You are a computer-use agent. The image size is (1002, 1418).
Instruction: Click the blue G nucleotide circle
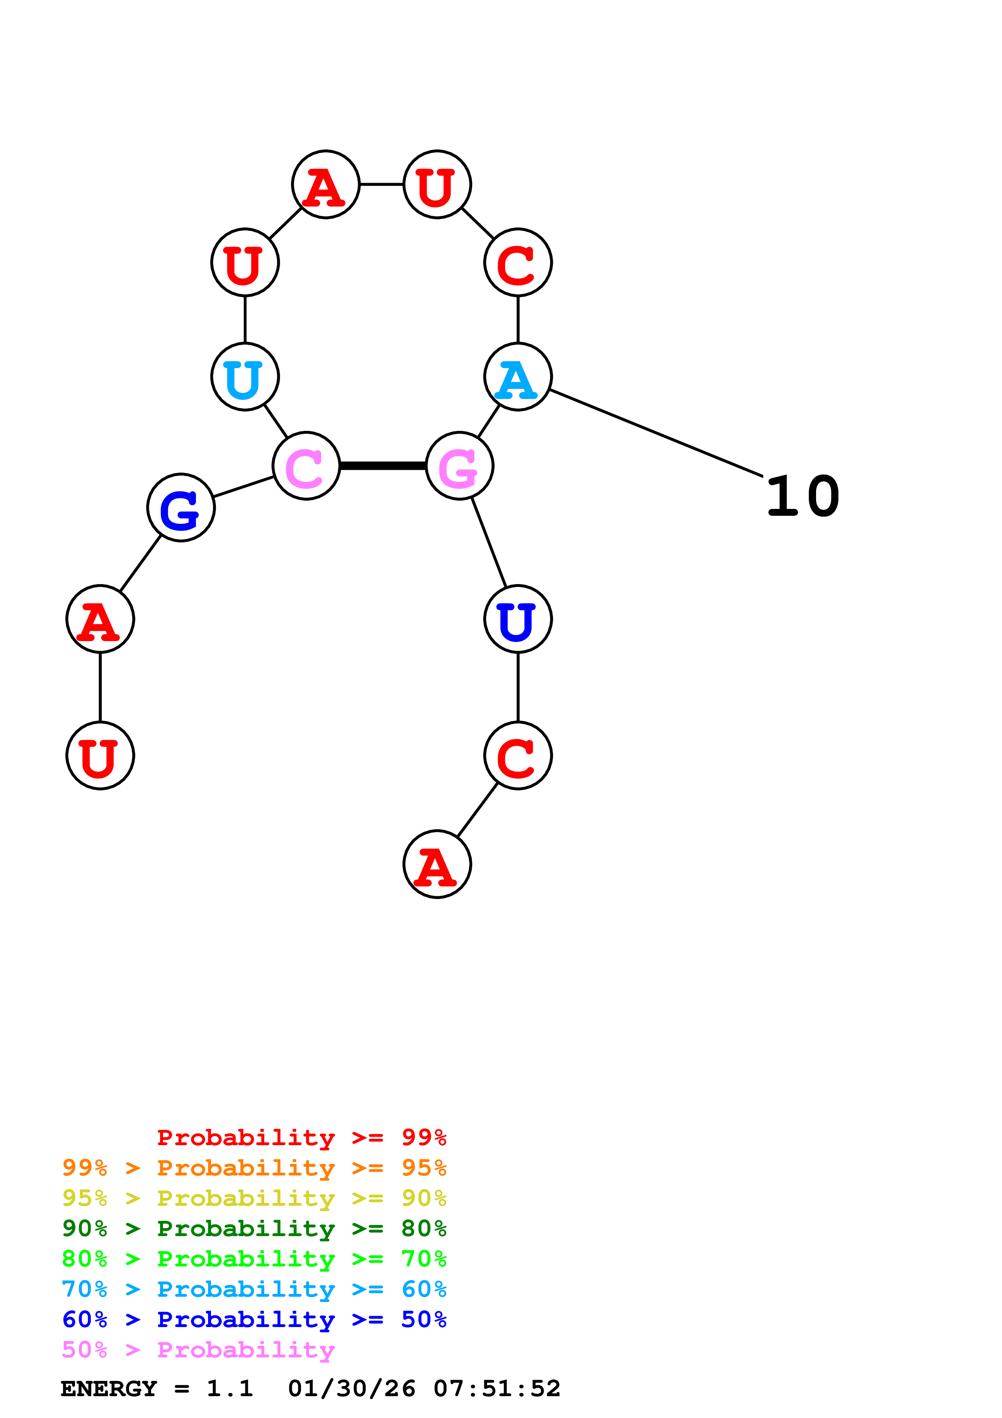click(181, 508)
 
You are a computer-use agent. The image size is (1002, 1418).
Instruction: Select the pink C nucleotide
click(306, 466)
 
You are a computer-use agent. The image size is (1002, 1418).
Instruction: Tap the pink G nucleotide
click(459, 466)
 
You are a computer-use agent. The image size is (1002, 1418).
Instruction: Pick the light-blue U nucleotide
click(245, 377)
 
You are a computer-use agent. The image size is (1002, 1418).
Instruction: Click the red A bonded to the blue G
click(100, 619)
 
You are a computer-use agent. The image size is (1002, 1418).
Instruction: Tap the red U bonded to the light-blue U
click(245, 262)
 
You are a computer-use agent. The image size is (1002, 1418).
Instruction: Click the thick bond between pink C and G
click(383, 466)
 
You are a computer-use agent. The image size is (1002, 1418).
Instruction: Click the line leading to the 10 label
click(654, 433)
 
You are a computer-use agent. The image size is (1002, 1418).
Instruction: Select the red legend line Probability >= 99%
click(301, 1137)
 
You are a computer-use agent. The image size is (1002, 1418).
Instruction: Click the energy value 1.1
click(230, 1389)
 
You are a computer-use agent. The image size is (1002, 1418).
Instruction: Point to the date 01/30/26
click(351, 1389)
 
